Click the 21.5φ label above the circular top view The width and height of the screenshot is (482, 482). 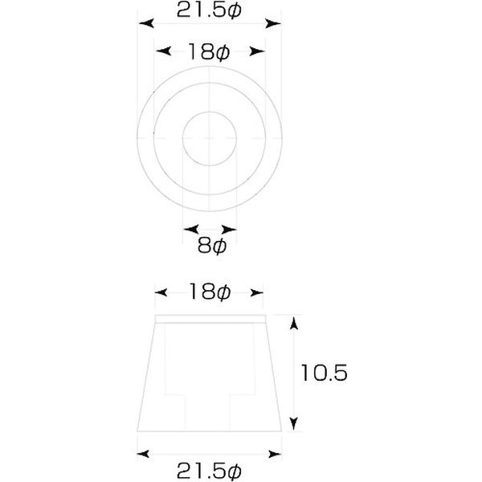210,10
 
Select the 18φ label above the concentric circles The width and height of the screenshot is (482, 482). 210,52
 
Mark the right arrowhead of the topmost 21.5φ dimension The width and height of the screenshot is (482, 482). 277,24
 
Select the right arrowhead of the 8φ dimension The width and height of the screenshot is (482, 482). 233,228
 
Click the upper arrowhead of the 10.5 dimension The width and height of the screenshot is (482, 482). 294,323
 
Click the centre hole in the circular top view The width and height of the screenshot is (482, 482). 210,137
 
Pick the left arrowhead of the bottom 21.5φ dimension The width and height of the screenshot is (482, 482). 142,452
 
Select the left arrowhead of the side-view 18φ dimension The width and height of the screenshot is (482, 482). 161,294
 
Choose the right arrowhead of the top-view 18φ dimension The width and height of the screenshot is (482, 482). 259,52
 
